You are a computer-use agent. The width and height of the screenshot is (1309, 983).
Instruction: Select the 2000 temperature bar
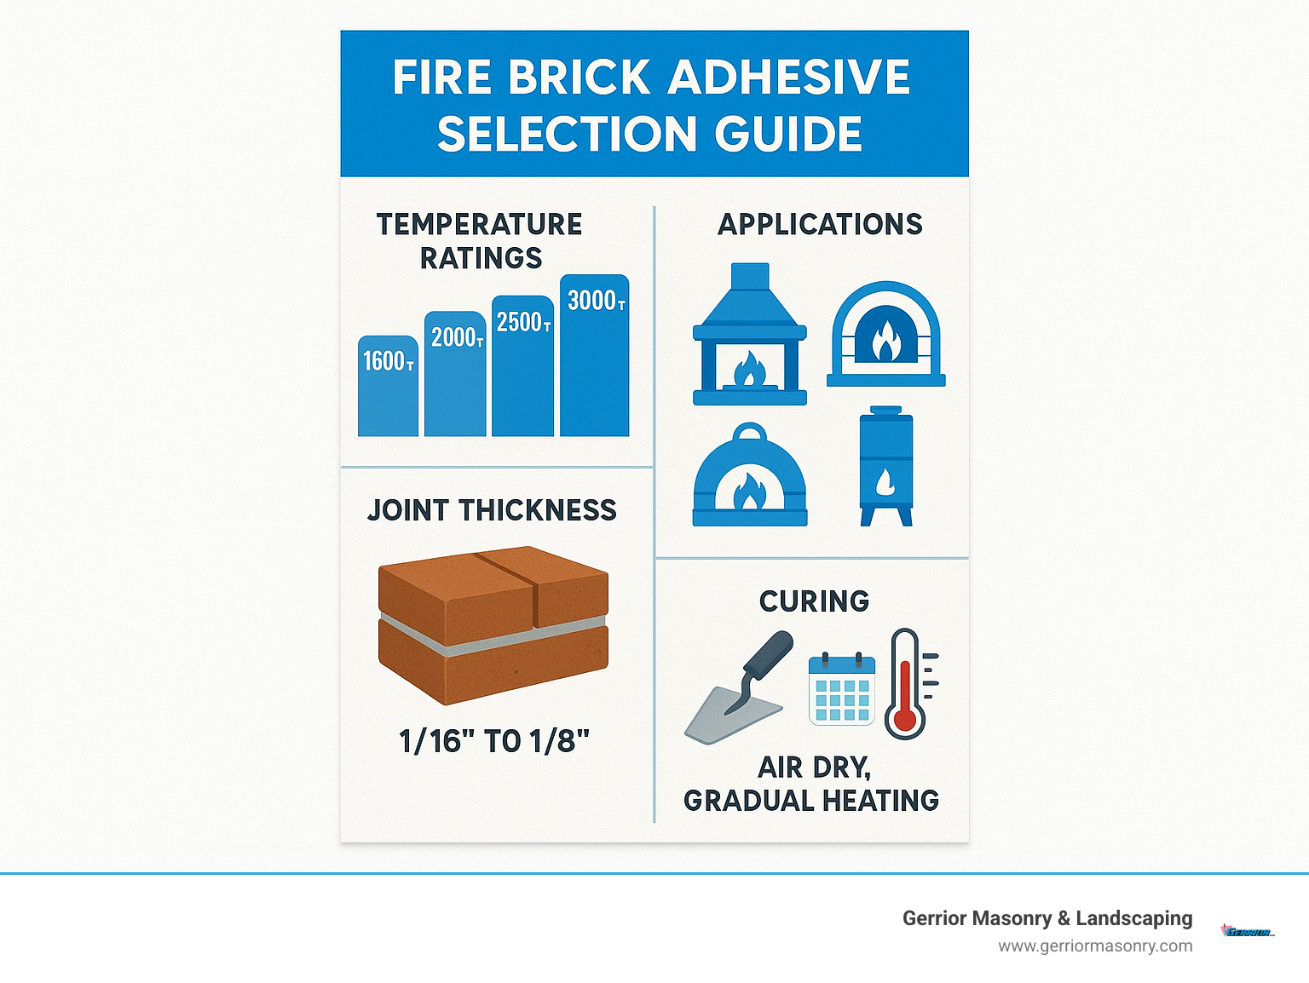pyautogui.click(x=455, y=374)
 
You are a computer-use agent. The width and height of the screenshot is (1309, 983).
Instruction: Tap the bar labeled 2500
pyautogui.click(x=522, y=366)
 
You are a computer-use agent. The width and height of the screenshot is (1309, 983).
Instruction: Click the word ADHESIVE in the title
pyautogui.click(x=788, y=78)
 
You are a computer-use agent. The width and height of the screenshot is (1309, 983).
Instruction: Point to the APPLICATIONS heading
pyautogui.click(x=820, y=224)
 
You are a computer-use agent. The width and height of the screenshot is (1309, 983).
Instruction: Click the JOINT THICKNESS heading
pyautogui.click(x=492, y=510)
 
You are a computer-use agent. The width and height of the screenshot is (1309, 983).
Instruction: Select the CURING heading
pyautogui.click(x=814, y=601)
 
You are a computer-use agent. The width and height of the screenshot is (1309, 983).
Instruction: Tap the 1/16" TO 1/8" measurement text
pyautogui.click(x=494, y=741)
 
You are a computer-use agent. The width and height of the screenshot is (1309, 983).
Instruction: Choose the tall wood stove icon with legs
pyautogui.click(x=886, y=466)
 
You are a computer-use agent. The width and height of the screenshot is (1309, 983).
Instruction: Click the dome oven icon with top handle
pyautogui.click(x=749, y=477)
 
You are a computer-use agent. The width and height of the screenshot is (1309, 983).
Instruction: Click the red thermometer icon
pyautogui.click(x=905, y=685)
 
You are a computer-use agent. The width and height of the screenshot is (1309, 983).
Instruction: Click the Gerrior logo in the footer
pyautogui.click(x=1248, y=931)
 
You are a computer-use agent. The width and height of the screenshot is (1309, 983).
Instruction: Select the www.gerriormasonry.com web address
pyautogui.click(x=1095, y=946)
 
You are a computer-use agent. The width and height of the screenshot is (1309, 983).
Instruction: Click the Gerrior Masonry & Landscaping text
pyautogui.click(x=1047, y=918)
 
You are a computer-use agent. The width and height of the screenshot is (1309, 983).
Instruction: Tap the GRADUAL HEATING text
pyautogui.click(x=810, y=801)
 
